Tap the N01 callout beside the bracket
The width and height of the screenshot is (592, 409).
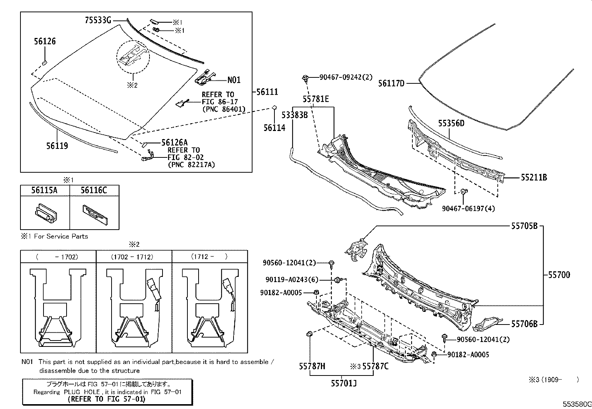pos(234,80)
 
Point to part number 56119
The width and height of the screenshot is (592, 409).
pos(57,146)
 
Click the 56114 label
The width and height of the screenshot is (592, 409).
pos(274,128)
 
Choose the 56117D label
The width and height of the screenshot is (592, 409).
pos(391,84)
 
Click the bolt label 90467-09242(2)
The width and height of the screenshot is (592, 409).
pos(346,78)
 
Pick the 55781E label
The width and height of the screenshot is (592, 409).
pos(315,99)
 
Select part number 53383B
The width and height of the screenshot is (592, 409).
pos(294,115)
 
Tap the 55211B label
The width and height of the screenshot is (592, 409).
pos(534,178)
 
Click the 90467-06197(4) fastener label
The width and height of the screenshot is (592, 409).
pos(468,209)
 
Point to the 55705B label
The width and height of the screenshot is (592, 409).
pos(524,226)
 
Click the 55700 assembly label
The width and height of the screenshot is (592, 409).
pos(559,275)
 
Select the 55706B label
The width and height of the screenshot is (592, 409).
pos(524,324)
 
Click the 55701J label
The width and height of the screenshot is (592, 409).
pos(344,383)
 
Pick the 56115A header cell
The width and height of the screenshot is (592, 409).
pos(44,191)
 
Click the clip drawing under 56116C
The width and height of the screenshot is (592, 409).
pos(95,213)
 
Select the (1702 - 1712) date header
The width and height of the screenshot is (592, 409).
pos(132,257)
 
